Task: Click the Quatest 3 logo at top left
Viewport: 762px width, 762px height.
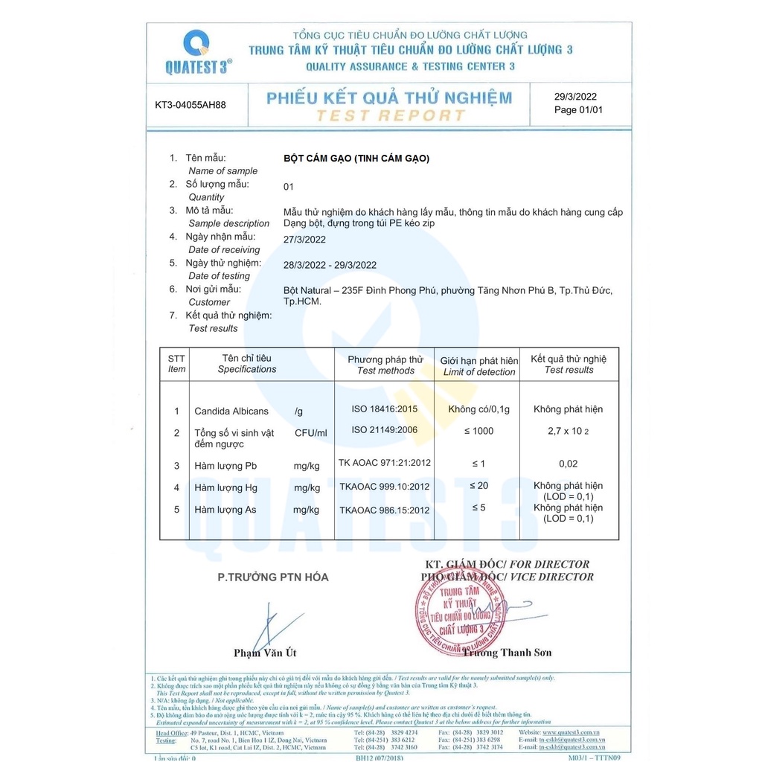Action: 197,51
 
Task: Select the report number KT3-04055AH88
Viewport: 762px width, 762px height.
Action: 190,105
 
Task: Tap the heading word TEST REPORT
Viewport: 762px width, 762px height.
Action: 391,115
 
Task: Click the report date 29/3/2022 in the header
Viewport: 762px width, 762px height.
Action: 575,96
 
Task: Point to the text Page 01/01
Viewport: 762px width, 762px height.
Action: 578,110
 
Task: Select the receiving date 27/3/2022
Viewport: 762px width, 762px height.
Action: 304,239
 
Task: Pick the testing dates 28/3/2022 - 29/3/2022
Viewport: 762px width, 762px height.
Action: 330,265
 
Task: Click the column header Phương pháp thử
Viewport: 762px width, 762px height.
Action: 385,359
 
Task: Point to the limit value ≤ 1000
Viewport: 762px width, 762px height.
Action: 478,431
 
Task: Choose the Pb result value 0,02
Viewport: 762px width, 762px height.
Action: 568,464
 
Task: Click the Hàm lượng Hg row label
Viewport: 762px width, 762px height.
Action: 225,487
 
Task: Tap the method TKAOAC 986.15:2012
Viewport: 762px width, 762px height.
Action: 384,510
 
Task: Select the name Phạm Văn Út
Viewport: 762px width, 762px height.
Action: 265,653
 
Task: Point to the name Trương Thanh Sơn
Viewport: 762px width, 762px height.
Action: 508,653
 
